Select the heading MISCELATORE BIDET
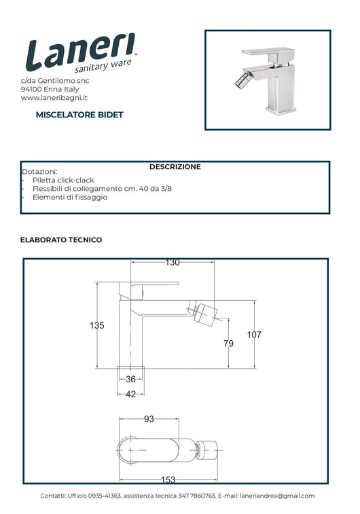click(x=79, y=115)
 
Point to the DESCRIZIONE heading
click(x=175, y=167)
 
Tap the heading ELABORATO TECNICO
click(x=61, y=240)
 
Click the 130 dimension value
click(x=173, y=262)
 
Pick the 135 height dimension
click(x=97, y=325)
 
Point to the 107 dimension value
click(x=254, y=334)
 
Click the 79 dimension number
click(x=228, y=344)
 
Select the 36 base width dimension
click(x=131, y=379)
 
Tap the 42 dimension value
click(x=131, y=394)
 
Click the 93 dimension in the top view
click(x=149, y=419)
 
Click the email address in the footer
click(x=277, y=496)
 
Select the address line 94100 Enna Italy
click(x=50, y=89)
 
